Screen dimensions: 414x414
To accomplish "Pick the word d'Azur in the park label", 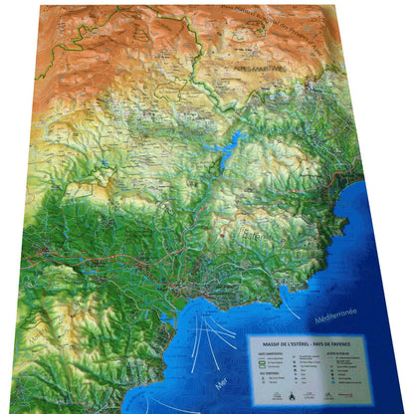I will (328, 45).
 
